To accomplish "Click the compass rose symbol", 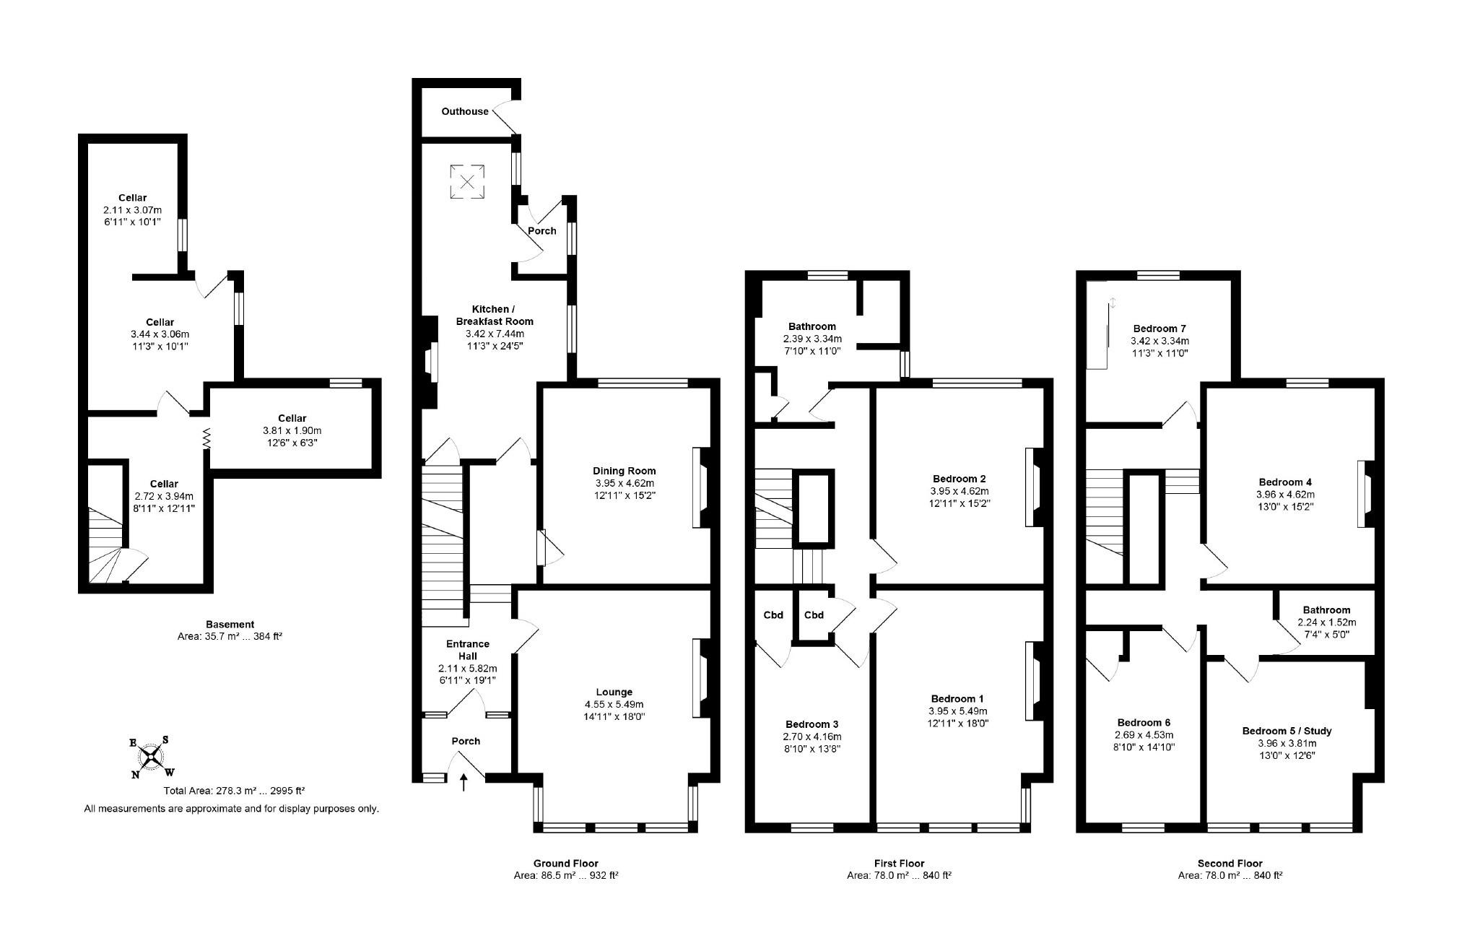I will point(151,757).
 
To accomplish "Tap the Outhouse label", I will point(465,111).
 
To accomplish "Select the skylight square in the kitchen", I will point(467,181).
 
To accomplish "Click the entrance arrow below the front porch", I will point(464,782).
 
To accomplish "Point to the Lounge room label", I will point(614,692).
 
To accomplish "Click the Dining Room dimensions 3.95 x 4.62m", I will point(625,483).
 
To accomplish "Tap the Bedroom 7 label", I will point(1159,328).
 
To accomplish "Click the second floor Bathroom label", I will point(1326,609).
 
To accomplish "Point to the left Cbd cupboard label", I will point(773,615).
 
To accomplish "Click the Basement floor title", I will point(230,624).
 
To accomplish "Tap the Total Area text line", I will point(229,791).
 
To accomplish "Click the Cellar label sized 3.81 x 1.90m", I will point(292,418).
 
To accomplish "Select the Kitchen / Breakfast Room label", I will point(495,315).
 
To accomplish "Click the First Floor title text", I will point(898,863).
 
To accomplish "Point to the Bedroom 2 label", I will point(959,478).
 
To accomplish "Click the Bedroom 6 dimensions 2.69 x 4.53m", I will point(1144,735).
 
